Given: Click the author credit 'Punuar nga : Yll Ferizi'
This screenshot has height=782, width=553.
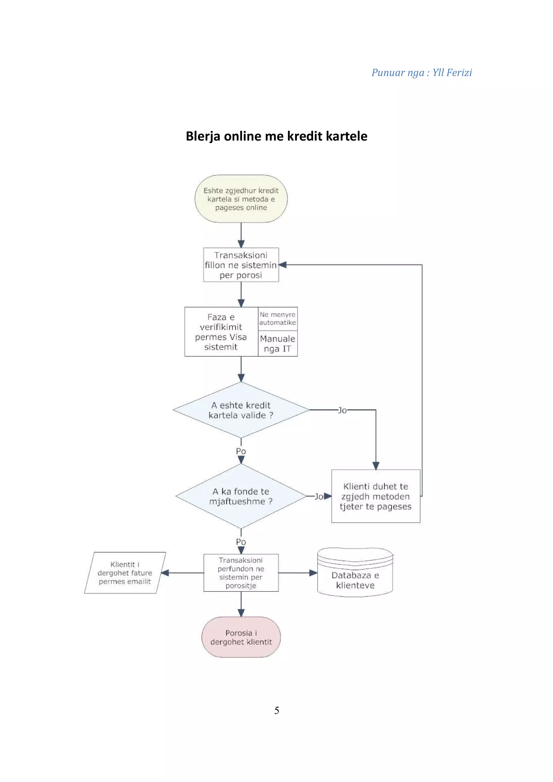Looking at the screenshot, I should point(421,73).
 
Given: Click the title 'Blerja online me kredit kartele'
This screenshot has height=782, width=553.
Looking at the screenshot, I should point(276,136).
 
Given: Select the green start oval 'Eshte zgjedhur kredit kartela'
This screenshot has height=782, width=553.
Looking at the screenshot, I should point(241,199).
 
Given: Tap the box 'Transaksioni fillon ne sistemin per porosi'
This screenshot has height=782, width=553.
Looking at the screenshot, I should point(241,265).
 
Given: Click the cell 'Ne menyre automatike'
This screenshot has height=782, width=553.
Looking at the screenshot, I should point(277,318).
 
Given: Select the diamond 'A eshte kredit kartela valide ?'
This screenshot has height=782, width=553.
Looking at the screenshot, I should point(241,410).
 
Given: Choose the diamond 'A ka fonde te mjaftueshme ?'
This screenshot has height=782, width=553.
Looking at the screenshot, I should point(241,496).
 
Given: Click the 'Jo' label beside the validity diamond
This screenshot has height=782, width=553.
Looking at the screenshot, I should point(342,410).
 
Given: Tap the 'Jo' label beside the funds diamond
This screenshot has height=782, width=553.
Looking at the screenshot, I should point(319,497).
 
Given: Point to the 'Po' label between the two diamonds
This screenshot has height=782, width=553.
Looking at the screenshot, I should point(241,451).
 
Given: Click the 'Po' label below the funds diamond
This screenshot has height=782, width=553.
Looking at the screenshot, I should point(241,542).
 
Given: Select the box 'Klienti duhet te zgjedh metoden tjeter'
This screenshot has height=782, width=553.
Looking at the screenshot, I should point(376,496).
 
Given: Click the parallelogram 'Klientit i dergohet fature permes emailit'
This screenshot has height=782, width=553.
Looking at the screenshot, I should point(125,573).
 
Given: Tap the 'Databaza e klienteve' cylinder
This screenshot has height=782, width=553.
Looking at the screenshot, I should point(355,576).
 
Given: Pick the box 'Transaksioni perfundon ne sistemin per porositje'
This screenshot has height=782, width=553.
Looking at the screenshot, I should point(241,573).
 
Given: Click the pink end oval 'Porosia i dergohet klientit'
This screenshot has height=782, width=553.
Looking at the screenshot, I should point(241,637).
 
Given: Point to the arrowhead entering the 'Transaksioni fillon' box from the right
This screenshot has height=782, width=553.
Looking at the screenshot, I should point(283,265).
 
